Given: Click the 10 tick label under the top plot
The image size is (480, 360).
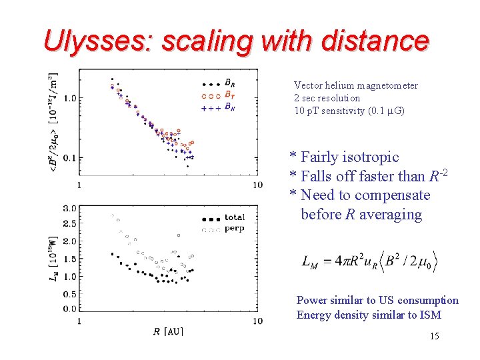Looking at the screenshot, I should [x=257, y=185].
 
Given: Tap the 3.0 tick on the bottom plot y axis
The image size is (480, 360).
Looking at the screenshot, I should [x=68, y=209].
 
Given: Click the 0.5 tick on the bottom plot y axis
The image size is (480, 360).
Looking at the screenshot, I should [x=68, y=293].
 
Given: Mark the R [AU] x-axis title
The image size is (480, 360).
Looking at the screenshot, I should [x=167, y=331].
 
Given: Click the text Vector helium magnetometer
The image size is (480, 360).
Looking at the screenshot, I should [x=355, y=85].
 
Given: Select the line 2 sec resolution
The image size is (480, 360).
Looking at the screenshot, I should [x=327, y=98].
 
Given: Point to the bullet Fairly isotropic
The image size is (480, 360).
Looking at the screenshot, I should [x=344, y=157].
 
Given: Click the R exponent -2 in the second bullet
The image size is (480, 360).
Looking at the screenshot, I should [x=443, y=173].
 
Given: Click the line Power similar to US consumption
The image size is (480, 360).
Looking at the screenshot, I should [x=377, y=301].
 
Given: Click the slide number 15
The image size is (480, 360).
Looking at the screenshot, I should [x=434, y=336].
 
